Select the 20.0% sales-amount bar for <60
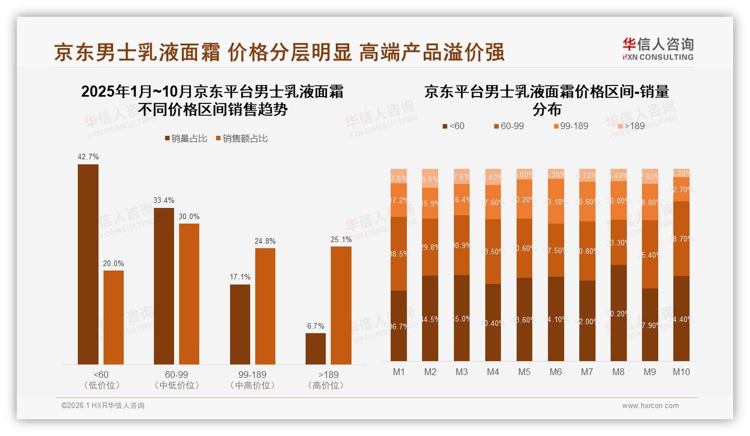114,317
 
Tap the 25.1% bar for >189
341,305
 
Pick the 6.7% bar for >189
316,349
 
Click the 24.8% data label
265,241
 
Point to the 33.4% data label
163,201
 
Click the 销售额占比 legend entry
241,138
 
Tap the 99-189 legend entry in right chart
570,126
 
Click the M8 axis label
618,372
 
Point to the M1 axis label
399,372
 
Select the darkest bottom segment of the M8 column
618,313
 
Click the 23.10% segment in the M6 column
556,201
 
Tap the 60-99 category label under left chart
176,375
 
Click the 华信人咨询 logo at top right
658,49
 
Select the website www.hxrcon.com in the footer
650,406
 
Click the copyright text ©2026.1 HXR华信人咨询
103,406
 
